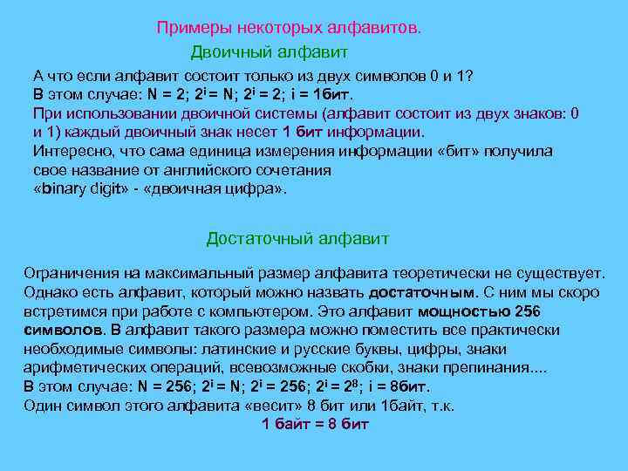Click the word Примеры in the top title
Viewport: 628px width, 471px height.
[x=186, y=28]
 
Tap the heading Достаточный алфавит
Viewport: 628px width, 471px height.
[x=297, y=238]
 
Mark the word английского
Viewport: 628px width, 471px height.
[x=213, y=170]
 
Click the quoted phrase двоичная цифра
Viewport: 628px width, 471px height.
[x=229, y=188]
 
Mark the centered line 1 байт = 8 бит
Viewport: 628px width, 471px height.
[x=315, y=425]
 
